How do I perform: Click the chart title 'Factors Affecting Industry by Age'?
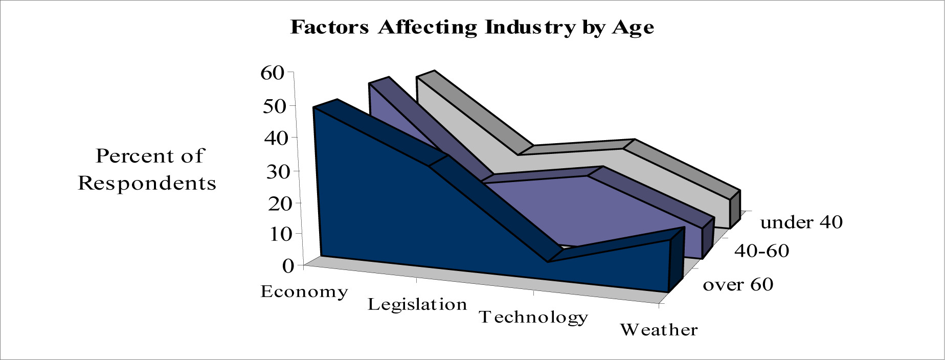472,27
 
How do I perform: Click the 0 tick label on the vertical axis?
287,265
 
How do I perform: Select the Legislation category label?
417,305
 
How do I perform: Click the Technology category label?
533,318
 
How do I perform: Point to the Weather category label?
659,330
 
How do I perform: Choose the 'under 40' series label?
801,222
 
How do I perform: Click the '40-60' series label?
762,251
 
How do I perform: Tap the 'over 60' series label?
738,284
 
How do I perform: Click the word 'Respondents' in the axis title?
147,183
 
